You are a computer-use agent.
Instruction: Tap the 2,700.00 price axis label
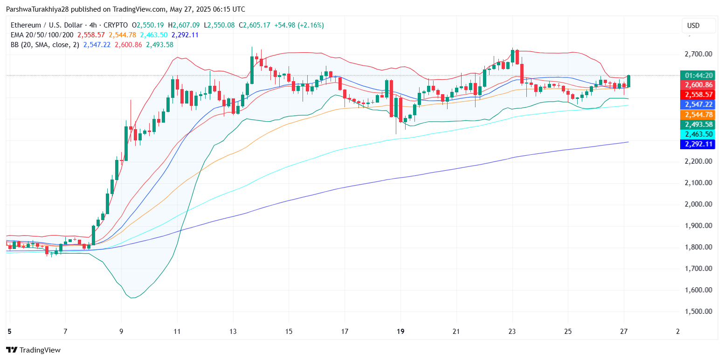(698, 54)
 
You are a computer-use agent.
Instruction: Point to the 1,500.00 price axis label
(698, 312)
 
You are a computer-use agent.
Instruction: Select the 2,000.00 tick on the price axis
(698, 204)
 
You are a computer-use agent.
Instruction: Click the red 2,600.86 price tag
(697, 85)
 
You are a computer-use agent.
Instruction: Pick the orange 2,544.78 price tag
(697, 115)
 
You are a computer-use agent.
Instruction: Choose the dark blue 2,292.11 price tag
(697, 144)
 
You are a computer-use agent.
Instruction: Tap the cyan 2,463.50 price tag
(697, 134)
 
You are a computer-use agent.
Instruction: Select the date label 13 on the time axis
(233, 331)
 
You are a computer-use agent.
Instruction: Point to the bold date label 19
(400, 331)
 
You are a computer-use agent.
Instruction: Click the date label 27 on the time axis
(624, 331)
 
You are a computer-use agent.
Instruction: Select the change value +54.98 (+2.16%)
(298, 25)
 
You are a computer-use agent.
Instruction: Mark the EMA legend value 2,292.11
(185, 35)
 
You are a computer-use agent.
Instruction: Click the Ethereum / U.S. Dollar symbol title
(45, 25)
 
